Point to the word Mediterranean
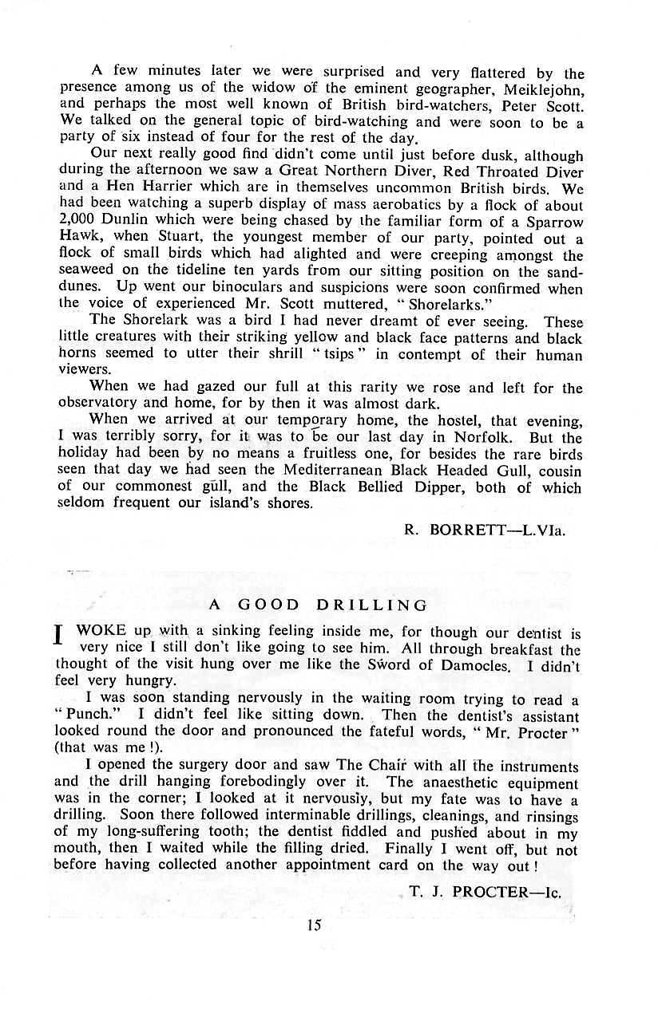[x=322, y=470]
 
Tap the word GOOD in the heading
[x=268, y=605]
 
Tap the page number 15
[x=313, y=925]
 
